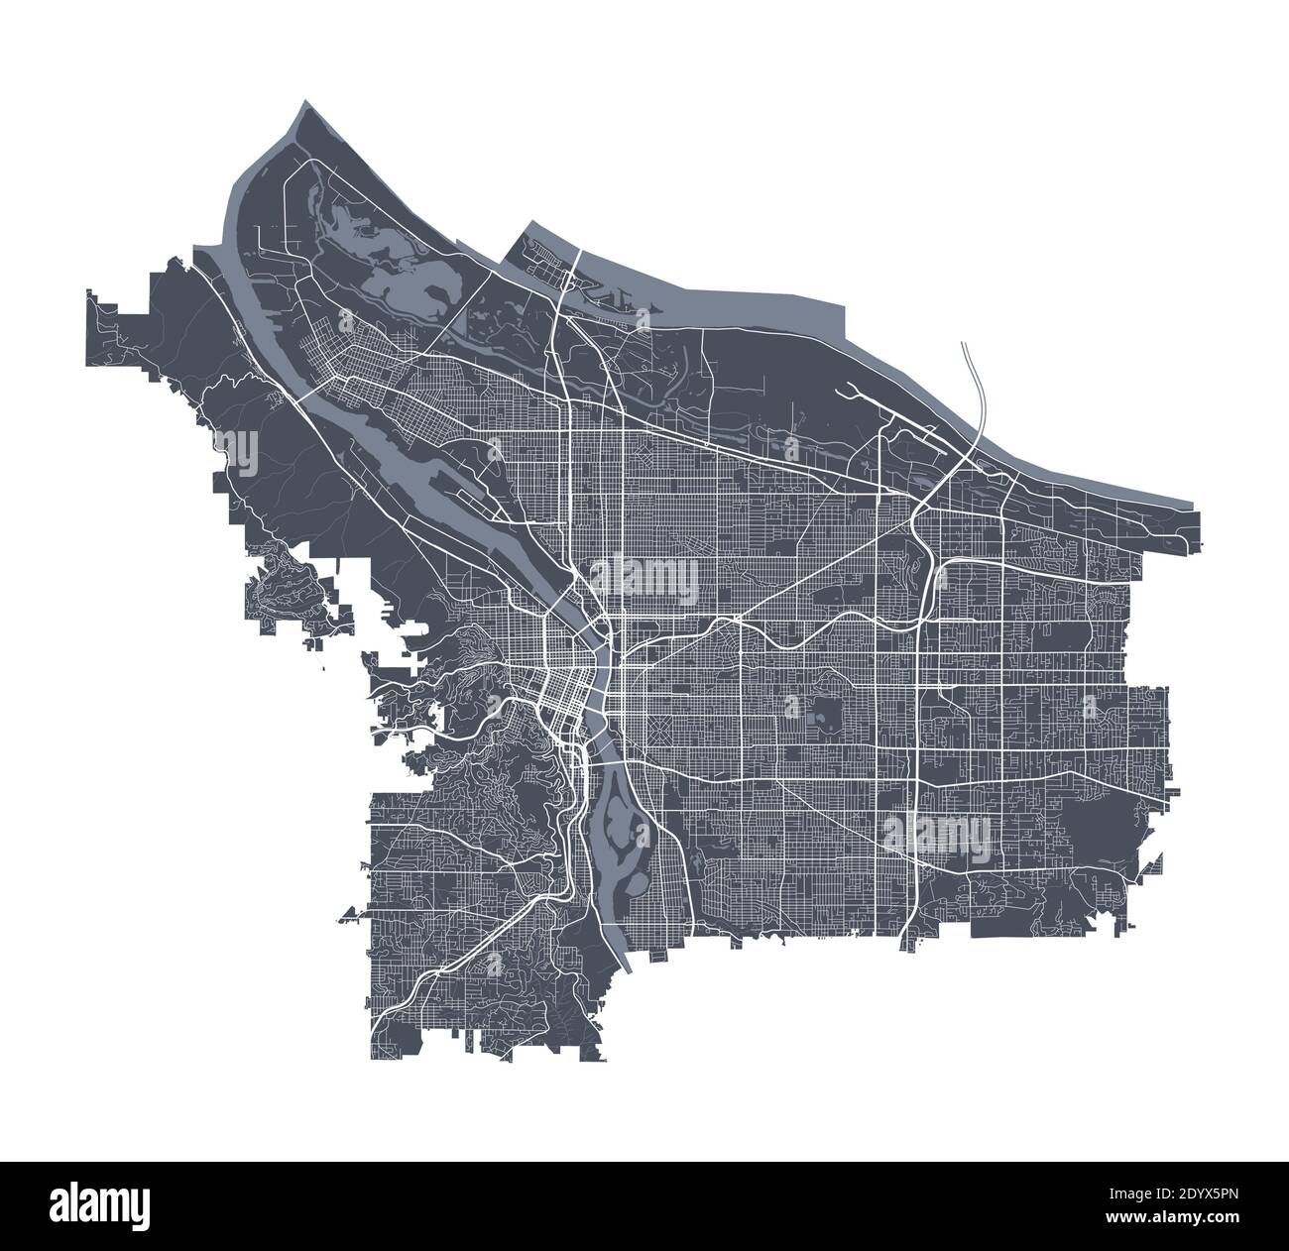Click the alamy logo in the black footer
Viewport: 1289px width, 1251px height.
[110, 1203]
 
